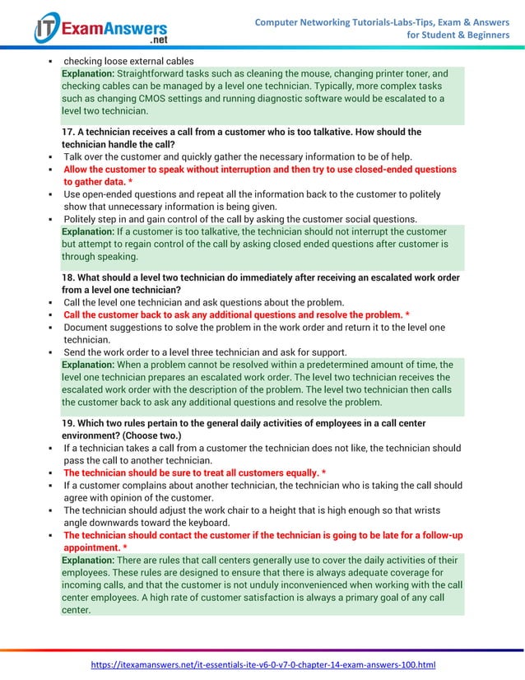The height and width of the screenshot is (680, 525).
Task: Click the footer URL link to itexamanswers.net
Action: tap(262, 664)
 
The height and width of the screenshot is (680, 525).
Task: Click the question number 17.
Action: tap(69, 132)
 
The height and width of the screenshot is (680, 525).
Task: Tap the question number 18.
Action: tap(69, 277)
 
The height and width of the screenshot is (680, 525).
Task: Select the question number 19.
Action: tap(69, 423)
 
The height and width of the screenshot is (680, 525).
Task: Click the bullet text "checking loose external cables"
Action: tap(128, 61)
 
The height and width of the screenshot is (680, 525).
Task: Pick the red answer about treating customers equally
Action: tap(194, 473)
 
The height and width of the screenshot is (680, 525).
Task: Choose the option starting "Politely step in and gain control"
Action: tap(240, 219)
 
